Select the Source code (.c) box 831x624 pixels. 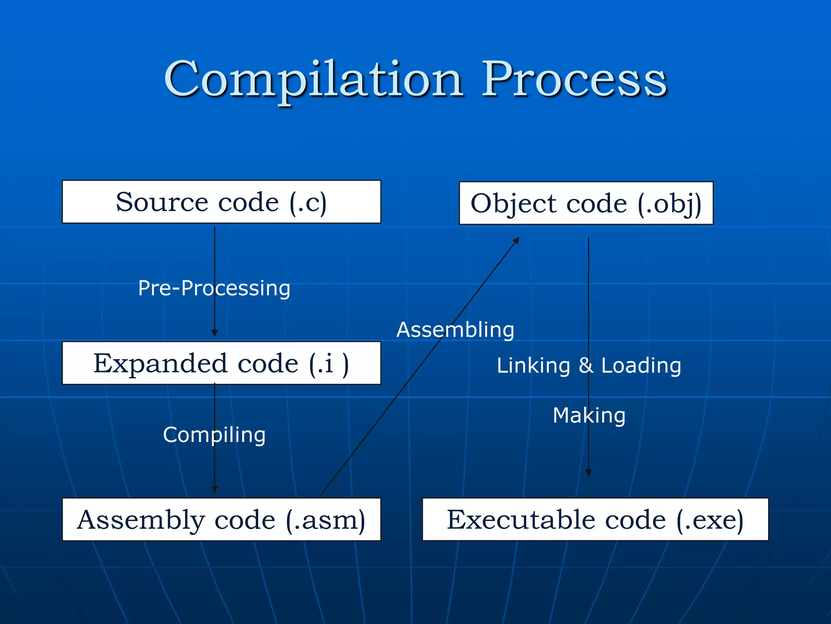(221, 202)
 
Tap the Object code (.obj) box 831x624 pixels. (586, 203)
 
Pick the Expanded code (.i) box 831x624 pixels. (221, 363)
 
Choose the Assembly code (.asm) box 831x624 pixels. (221, 520)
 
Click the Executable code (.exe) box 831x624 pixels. (595, 520)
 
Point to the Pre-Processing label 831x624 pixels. (214, 288)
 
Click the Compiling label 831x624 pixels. (214, 435)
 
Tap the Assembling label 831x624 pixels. (455, 329)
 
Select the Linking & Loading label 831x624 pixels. (589, 365)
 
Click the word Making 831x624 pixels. (589, 415)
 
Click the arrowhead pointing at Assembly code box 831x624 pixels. (215, 490)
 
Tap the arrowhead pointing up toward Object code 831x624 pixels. (517, 240)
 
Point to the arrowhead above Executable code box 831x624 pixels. (588, 472)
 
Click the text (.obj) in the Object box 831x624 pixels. (670, 203)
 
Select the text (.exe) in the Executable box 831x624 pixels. (710, 520)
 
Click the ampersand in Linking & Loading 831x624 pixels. (586, 365)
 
